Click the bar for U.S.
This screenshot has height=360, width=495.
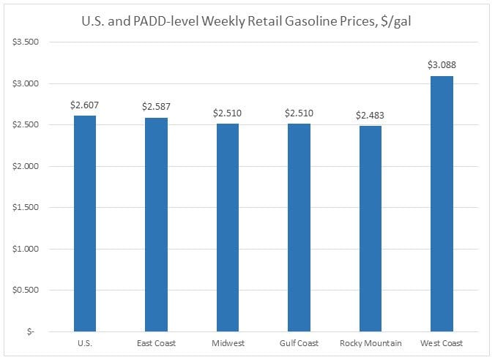(84, 223)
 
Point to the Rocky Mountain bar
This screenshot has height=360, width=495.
(371, 228)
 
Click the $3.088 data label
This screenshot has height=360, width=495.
(442, 65)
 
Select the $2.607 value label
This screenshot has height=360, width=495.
(84, 105)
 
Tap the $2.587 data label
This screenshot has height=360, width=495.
(156, 106)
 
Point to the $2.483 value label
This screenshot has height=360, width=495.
(371, 115)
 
